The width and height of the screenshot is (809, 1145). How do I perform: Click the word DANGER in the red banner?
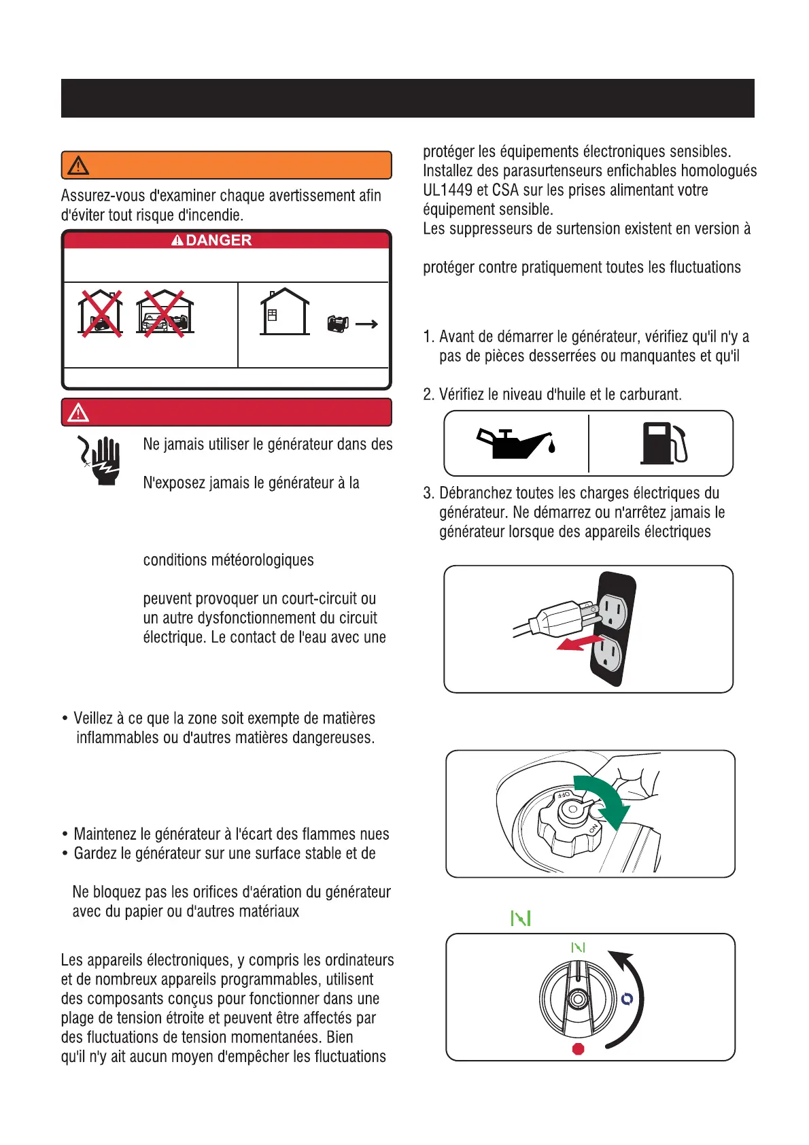[x=218, y=240]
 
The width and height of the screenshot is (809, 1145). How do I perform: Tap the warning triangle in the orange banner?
[x=78, y=165]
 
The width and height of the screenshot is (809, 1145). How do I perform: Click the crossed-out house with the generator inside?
[x=100, y=313]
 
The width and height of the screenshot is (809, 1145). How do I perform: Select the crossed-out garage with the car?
[x=165, y=313]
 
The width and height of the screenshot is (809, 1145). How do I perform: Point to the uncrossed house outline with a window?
[x=285, y=312]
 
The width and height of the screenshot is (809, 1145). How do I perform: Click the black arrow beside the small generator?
[x=366, y=324]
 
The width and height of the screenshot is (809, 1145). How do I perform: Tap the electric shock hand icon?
[x=101, y=460]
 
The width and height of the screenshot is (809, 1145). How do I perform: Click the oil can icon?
[x=517, y=443]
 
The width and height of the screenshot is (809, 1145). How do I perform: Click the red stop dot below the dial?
[x=579, y=1048]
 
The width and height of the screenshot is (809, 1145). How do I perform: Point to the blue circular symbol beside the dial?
[x=627, y=998]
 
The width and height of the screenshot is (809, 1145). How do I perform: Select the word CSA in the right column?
[x=505, y=190]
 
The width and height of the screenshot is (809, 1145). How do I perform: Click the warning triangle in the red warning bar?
[x=78, y=413]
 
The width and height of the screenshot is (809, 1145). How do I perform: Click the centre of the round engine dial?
[x=578, y=999]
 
